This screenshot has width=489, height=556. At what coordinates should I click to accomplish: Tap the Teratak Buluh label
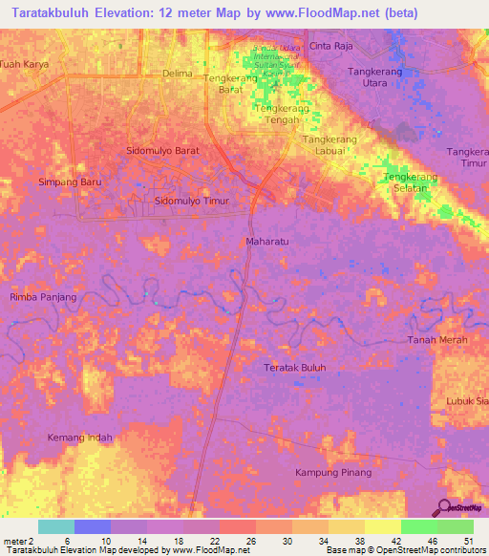point(295,367)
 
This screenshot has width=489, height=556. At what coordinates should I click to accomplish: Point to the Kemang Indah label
point(80,438)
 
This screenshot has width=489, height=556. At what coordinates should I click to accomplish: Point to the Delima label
point(178,74)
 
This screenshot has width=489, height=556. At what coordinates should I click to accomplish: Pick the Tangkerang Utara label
point(381,77)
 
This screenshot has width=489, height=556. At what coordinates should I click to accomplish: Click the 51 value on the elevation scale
point(468,542)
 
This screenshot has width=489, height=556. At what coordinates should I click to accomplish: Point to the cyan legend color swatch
point(56,526)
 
